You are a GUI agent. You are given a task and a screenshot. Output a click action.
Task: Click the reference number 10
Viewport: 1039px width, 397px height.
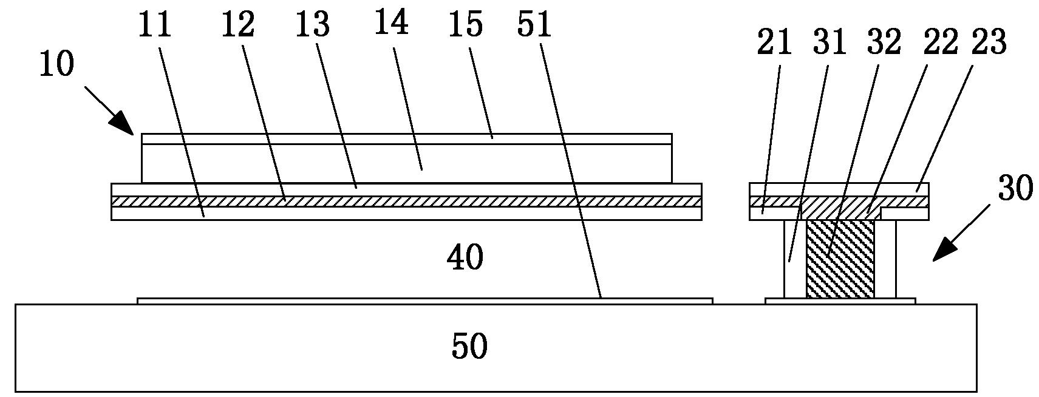(x=56, y=64)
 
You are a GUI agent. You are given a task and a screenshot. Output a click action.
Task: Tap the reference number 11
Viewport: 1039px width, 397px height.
(x=155, y=25)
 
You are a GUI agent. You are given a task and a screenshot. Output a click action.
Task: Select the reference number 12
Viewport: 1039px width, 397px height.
(x=237, y=25)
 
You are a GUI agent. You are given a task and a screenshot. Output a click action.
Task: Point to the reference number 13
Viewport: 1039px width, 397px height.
(x=313, y=25)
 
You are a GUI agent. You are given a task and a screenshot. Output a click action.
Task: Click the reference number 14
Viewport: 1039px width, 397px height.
(x=391, y=23)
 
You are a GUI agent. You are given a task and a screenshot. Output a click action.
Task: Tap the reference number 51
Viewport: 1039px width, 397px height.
(x=534, y=25)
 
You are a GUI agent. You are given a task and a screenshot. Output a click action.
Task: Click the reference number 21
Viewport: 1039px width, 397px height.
(x=775, y=44)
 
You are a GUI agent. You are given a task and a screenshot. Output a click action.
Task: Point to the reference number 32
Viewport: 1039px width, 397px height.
(x=884, y=44)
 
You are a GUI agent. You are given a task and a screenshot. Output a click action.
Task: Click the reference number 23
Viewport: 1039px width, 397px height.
(x=990, y=44)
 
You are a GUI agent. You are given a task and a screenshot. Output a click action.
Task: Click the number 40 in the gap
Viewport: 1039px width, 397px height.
(x=465, y=259)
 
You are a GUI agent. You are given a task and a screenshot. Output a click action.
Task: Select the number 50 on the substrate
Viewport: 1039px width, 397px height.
(x=469, y=347)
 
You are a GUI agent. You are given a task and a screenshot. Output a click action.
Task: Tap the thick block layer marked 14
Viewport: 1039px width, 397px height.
(x=406, y=163)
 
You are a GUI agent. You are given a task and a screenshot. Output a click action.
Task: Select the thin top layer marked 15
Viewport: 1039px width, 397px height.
(x=406, y=139)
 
